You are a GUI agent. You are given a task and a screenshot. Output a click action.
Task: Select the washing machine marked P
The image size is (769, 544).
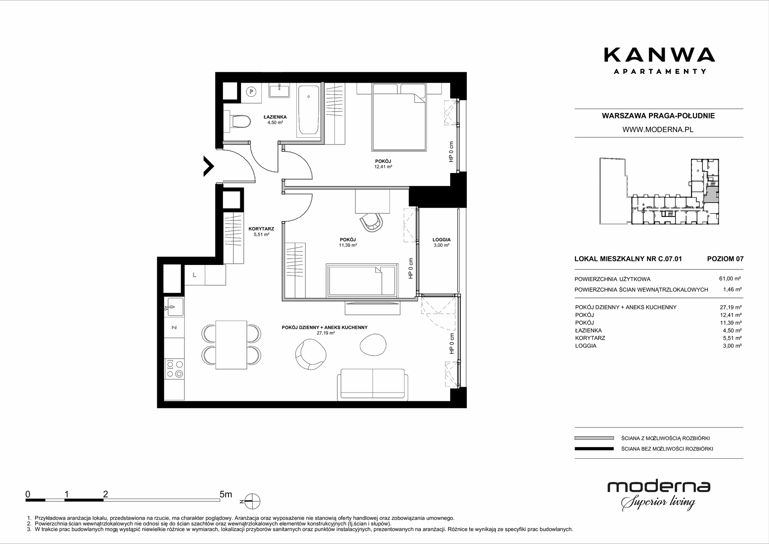[x=251, y=92]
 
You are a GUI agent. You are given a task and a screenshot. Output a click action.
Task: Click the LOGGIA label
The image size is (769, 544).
[x=441, y=240]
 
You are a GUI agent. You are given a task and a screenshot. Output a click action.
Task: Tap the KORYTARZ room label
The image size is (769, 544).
[x=261, y=229]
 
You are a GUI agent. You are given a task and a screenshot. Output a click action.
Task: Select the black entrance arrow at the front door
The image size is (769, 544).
[x=208, y=166]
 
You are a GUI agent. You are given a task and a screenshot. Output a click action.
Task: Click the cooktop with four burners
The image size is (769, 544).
[x=174, y=369]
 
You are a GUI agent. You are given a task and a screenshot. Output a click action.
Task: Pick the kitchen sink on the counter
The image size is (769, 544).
[x=174, y=307]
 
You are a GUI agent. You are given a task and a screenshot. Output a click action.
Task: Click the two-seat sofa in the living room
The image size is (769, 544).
[x=373, y=385]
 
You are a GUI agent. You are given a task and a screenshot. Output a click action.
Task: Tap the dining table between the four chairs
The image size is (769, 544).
[x=231, y=345]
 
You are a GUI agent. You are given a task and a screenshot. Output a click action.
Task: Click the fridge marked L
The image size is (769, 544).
[x=195, y=275]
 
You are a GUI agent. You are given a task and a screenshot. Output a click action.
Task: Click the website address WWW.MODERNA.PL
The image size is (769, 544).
[x=658, y=130]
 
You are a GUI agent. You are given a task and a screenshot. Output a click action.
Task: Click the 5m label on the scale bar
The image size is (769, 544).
[x=226, y=494]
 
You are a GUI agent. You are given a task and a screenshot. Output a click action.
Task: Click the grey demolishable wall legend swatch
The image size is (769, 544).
[x=594, y=438]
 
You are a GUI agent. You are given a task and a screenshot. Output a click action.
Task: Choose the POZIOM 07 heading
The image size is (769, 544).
[x=725, y=259]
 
